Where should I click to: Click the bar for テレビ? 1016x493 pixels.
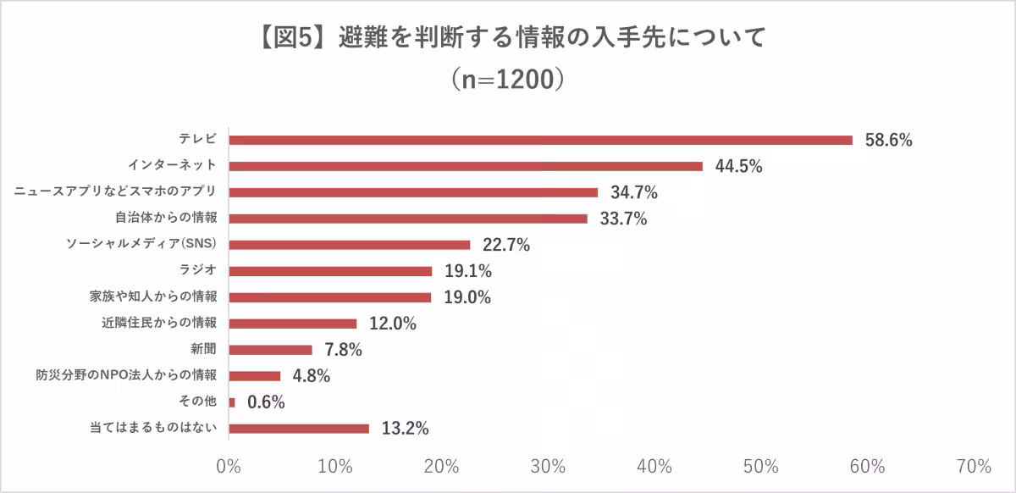pyautogui.click(x=540, y=140)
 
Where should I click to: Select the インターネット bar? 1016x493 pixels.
pyautogui.click(x=466, y=166)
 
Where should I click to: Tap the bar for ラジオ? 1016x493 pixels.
pyautogui.click(x=330, y=271)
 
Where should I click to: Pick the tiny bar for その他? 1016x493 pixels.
pyautogui.click(x=232, y=402)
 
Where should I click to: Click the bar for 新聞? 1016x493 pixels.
pyautogui.click(x=270, y=350)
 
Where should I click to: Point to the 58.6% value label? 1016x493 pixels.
pyautogui.click(x=888, y=141)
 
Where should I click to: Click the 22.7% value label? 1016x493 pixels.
pyautogui.click(x=505, y=246)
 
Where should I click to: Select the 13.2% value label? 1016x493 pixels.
pyautogui.click(x=405, y=429)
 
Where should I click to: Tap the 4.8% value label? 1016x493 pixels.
pyautogui.click(x=312, y=376)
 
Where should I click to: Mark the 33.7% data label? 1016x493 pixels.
pyautogui.click(x=623, y=219)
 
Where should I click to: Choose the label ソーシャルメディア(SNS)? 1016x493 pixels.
pyautogui.click(x=142, y=245)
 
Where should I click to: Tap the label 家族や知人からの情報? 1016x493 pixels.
pyautogui.click(x=153, y=297)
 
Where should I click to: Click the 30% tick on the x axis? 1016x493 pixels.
pyautogui.click(x=549, y=467)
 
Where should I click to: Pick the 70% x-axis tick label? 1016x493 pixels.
pyautogui.click(x=974, y=467)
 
